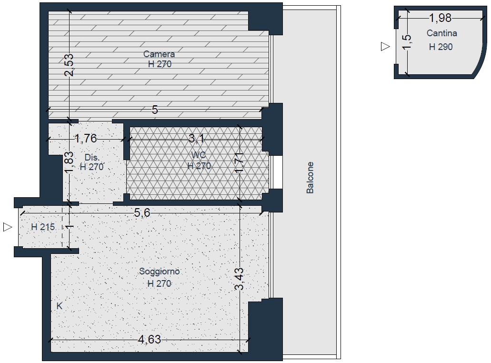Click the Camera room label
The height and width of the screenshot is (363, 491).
[x=159, y=54]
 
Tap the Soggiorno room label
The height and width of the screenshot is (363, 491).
[x=160, y=271]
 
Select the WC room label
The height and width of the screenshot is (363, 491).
[x=199, y=155]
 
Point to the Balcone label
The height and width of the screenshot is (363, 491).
[x=310, y=178]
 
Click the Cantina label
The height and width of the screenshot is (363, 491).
[x=441, y=33]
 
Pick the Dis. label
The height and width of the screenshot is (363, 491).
[x=92, y=157]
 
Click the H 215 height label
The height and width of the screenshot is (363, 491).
[x=43, y=227]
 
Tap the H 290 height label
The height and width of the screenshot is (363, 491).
[x=441, y=47]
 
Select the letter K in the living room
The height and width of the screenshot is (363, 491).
[x=60, y=306]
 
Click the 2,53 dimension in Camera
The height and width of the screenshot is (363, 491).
[x=69, y=65]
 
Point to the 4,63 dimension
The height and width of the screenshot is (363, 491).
[x=150, y=339]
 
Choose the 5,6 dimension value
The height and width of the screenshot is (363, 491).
[x=142, y=213]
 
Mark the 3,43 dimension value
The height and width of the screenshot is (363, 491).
[x=240, y=279]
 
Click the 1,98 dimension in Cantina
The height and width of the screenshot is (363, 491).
[x=440, y=18]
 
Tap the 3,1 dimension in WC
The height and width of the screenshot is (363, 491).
[x=196, y=138]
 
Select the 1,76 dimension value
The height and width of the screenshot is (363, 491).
[x=86, y=139]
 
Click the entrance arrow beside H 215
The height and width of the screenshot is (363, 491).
[x=8, y=227]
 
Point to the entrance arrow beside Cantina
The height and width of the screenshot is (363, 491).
[x=385, y=46]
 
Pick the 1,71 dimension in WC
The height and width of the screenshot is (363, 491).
[x=240, y=162]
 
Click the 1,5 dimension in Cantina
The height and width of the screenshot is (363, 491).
[x=407, y=42]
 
